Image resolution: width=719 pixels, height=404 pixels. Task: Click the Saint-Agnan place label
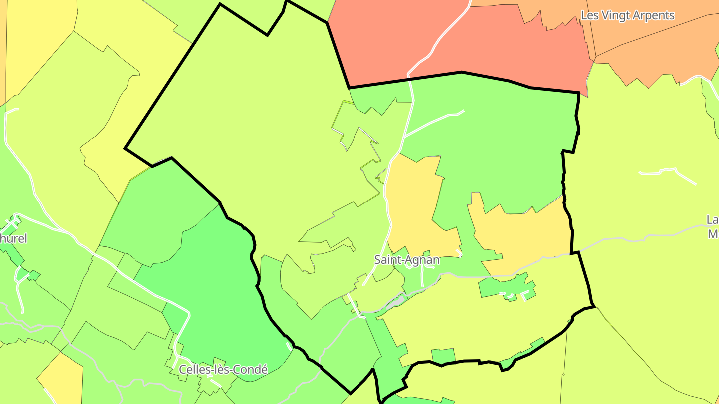(407, 260)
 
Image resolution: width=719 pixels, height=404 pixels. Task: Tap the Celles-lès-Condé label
(223, 370)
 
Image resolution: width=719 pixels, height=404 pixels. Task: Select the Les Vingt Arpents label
(627, 15)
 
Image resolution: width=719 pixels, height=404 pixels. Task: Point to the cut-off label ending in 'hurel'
(13, 238)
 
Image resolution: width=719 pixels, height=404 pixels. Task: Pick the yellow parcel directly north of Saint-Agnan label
(414, 204)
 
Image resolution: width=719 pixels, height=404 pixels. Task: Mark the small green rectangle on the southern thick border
(443, 356)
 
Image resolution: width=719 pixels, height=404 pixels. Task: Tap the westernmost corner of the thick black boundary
(125, 148)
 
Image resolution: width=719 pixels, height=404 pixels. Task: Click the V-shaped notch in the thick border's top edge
(268, 35)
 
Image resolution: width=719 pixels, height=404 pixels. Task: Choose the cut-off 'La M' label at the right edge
(713, 227)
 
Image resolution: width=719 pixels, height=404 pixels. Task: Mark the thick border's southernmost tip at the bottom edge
(381, 401)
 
